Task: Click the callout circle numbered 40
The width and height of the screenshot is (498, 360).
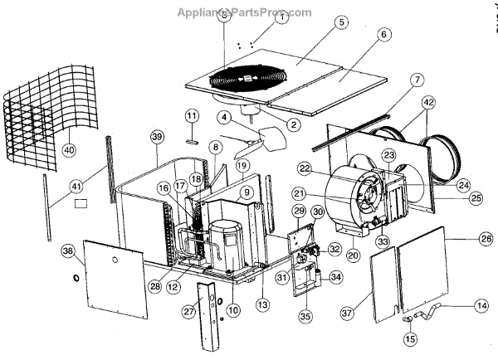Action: [68, 149]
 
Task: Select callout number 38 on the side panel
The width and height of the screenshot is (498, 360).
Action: [68, 250]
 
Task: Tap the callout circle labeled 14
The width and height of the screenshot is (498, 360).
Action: [481, 305]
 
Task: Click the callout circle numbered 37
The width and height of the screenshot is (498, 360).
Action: [346, 313]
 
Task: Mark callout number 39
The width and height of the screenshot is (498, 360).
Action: [156, 136]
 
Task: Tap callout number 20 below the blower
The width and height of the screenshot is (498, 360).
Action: [354, 256]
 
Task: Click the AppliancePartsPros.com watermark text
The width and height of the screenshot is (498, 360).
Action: [244, 12]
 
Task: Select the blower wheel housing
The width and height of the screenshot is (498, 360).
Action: [352, 200]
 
